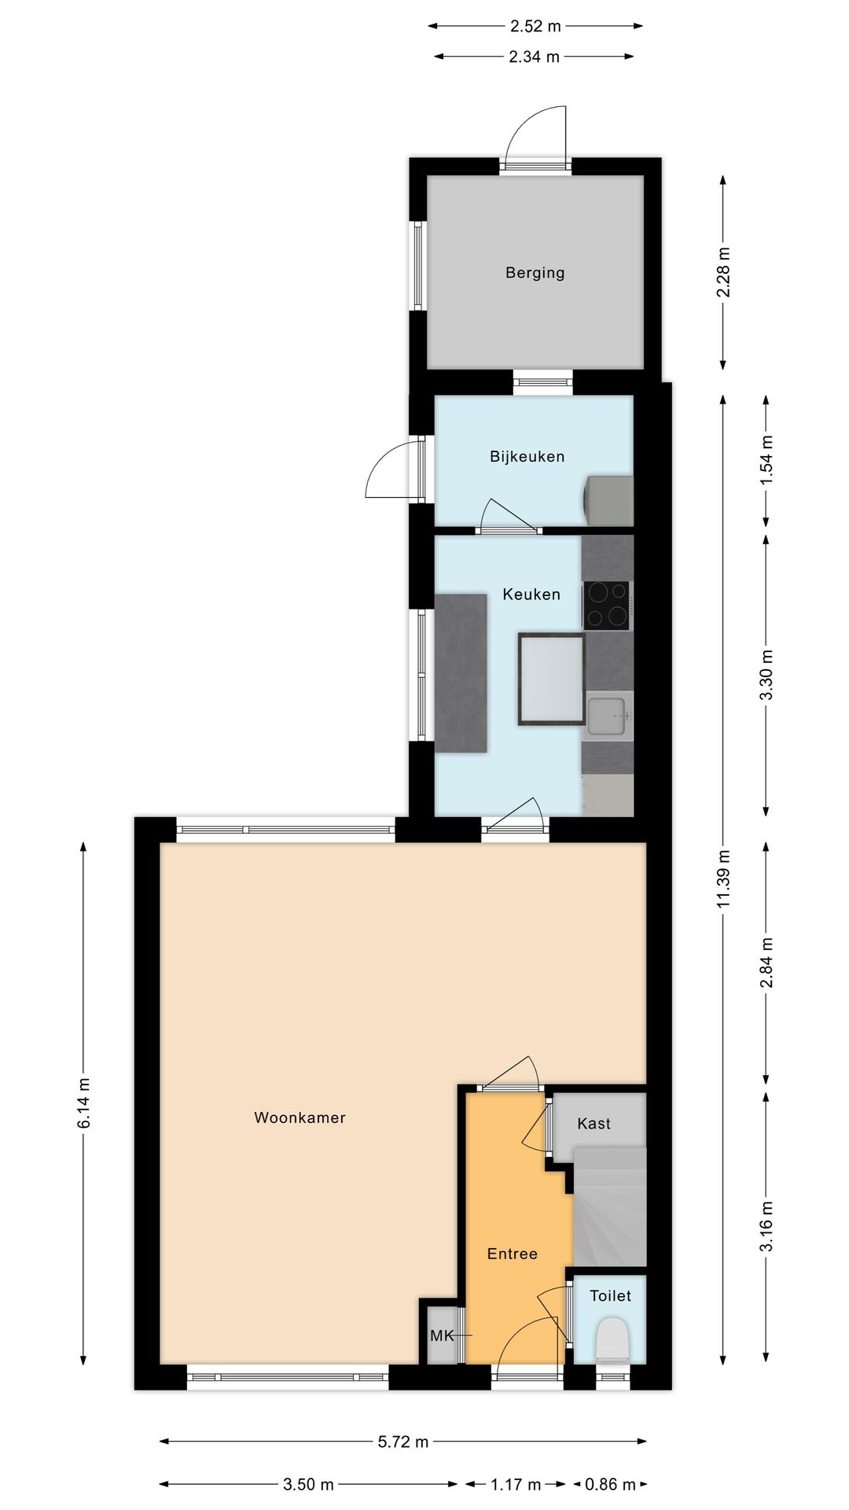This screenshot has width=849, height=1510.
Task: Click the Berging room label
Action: (535, 273)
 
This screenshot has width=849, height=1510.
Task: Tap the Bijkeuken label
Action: (527, 456)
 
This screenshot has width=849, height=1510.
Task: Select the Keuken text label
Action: (531, 595)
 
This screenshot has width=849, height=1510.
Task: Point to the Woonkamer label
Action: (300, 1118)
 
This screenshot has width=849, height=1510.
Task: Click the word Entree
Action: (512, 1254)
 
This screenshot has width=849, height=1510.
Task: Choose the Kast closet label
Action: (594, 1124)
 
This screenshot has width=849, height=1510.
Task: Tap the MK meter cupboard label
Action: (442, 1335)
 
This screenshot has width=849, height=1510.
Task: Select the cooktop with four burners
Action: (605, 605)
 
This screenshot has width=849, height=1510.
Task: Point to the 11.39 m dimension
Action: (723, 878)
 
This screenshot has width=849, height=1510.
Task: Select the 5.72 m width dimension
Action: (403, 1442)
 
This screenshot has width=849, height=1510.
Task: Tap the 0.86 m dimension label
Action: (610, 1484)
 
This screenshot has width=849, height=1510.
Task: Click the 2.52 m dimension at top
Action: (535, 26)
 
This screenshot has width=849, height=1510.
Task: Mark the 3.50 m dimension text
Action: (308, 1484)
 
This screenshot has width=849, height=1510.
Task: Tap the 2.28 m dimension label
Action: (723, 272)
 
